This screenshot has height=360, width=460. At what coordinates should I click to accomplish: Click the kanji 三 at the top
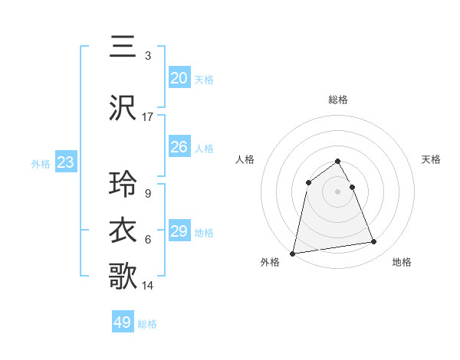[123, 47]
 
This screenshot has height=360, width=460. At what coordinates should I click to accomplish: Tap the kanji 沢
[123, 108]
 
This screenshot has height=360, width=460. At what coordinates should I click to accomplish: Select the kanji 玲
[123, 185]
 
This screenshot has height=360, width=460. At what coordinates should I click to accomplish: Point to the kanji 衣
[123, 230]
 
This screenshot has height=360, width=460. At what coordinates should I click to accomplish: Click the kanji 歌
[123, 276]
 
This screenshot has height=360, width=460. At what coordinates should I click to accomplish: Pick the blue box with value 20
[179, 78]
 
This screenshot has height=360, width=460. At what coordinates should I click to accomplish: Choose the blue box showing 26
[179, 147]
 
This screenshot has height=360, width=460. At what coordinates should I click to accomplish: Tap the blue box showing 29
[179, 231]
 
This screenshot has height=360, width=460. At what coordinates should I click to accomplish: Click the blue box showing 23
[65, 162]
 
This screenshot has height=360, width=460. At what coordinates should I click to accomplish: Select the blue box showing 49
[123, 322]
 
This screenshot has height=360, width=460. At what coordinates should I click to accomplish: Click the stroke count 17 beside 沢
[148, 117]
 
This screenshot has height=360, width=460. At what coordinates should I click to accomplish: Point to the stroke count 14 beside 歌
[148, 286]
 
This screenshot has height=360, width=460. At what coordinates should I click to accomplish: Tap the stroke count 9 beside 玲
[148, 194]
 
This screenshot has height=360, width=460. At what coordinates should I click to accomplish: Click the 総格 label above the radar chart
[338, 100]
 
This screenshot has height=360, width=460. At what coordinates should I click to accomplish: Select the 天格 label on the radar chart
[432, 159]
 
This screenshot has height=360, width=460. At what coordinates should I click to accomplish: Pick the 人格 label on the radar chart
[245, 159]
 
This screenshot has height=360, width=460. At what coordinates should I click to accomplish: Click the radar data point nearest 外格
[293, 253]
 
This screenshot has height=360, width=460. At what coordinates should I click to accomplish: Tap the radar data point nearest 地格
[374, 242]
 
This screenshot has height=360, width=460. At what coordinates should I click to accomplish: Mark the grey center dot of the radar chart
[338, 191]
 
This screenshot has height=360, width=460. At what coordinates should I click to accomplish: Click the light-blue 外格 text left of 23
[41, 163]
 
